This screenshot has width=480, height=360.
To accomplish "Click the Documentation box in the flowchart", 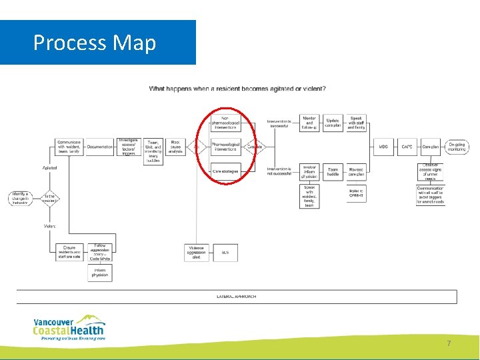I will coord(99,147).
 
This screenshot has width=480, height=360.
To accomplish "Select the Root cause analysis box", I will coord(176,147).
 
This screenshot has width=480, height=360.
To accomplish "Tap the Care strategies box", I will coord(225,171).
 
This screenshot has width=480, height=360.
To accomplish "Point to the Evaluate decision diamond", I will coord(255,147).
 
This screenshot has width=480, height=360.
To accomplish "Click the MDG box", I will coord(383,147).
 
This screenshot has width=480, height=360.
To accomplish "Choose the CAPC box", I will coord(407,147).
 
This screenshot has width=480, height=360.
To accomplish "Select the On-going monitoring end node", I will coord(457,147).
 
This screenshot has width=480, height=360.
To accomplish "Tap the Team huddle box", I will coord(333,172).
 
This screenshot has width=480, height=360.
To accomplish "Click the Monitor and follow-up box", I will coord(309,123).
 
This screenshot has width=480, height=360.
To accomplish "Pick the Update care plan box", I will coord(333,123).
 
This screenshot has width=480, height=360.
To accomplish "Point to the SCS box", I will coord(225,253).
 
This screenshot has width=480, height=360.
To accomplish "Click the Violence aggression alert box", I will coord(196,253).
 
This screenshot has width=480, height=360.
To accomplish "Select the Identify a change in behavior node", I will coord(19,197).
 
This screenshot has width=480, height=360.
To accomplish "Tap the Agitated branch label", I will coord(50,167).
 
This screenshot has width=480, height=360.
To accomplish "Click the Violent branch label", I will coord(50,226).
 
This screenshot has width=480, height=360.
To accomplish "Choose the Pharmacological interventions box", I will coord(225,147).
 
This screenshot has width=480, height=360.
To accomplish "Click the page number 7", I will coord(449,343).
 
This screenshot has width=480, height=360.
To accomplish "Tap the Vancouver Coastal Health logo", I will coord(69,327).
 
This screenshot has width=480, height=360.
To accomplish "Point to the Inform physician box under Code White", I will coord(99,273).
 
